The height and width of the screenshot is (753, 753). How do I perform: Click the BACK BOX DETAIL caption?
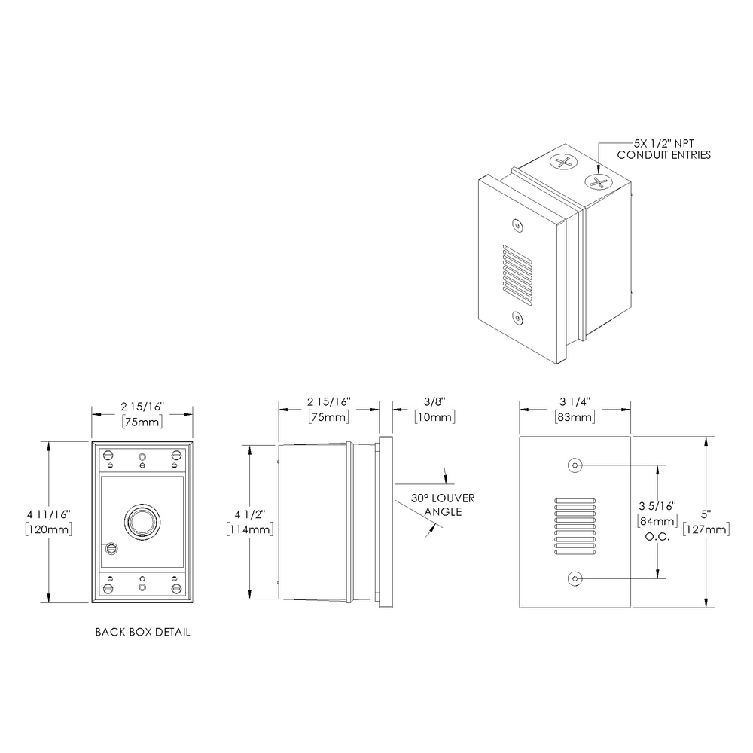[x=142, y=632]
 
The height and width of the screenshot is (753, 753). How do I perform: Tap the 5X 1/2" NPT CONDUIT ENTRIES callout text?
[x=663, y=148]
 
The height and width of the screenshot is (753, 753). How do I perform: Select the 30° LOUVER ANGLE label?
[x=443, y=505]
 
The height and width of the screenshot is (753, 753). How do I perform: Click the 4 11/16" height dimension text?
[x=48, y=514]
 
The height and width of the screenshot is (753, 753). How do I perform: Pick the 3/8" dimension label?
[x=433, y=401]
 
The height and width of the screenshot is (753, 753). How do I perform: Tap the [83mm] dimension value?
[x=575, y=416]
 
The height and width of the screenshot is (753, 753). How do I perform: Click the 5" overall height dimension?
[x=706, y=514]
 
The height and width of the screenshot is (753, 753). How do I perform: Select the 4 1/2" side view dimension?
[x=248, y=514]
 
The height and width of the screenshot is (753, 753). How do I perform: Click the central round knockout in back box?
[x=140, y=520]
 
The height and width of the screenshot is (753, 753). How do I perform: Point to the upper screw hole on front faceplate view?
[x=575, y=465]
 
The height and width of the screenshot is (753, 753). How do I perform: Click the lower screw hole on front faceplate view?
[x=575, y=578]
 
